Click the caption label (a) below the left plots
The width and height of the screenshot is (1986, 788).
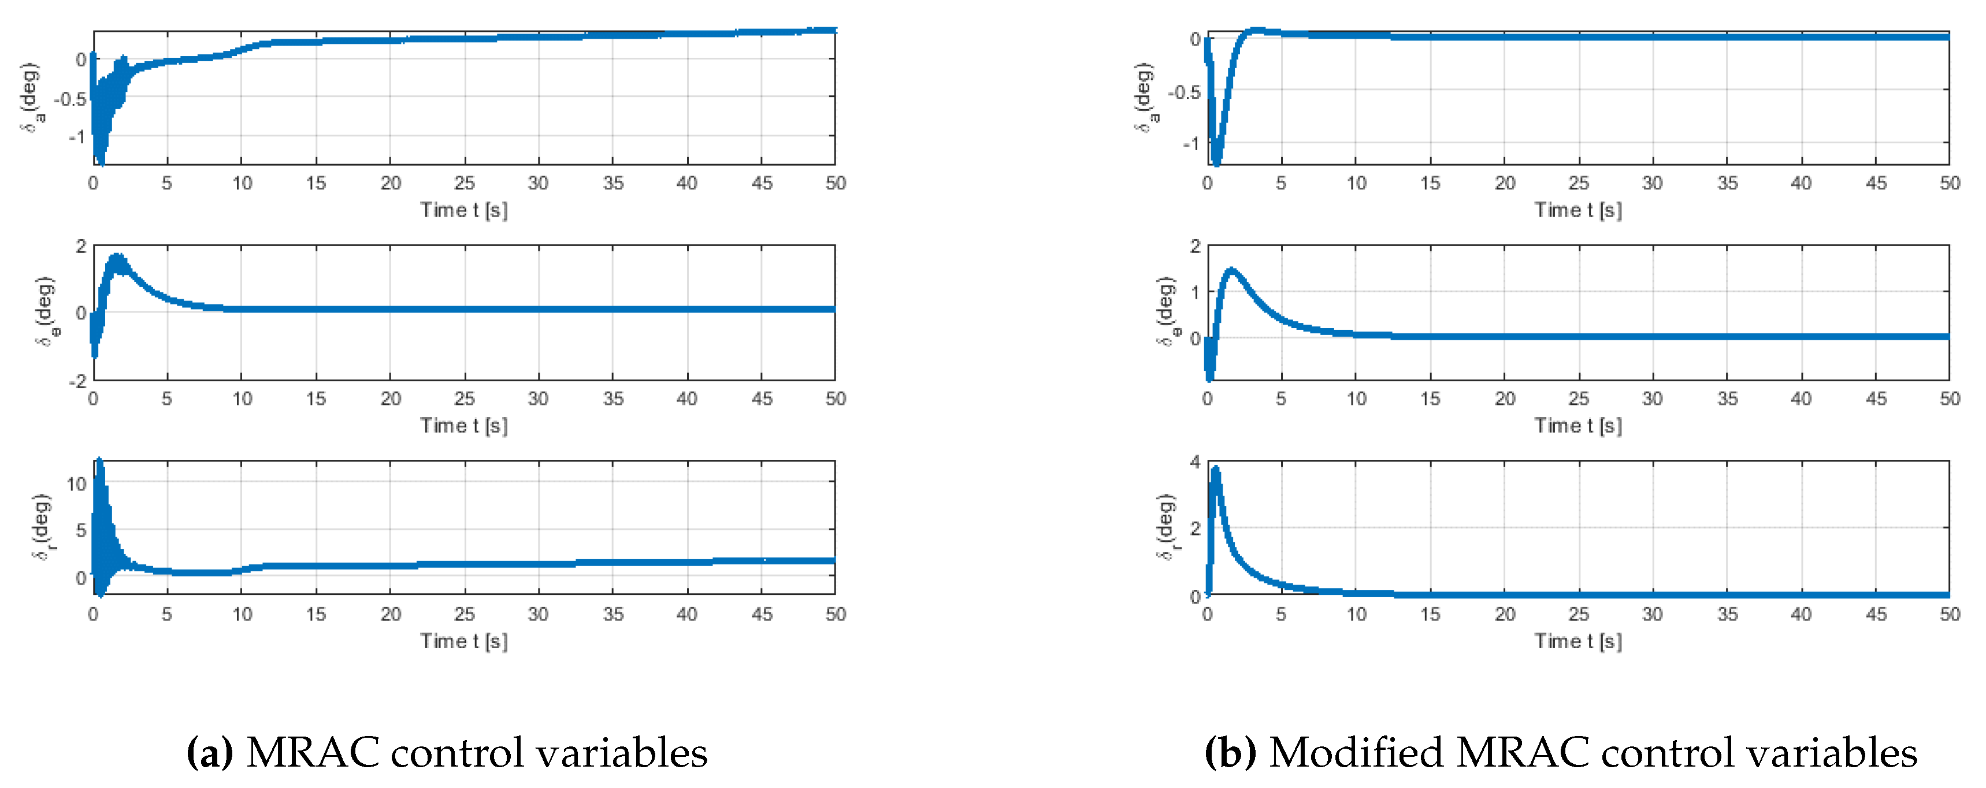[x=210, y=753]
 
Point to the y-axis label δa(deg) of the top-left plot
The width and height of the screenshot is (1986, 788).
[x=32, y=98]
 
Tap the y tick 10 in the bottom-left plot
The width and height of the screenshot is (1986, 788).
[x=76, y=484]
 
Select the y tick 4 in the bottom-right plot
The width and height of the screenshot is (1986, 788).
[x=1195, y=462]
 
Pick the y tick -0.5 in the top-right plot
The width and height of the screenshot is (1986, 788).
[x=1184, y=92]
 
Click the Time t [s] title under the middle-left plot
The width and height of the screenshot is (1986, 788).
[x=464, y=426]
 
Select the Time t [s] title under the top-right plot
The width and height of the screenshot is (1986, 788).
[x=1578, y=210]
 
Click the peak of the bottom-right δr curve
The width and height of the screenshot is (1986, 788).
[x=1216, y=469]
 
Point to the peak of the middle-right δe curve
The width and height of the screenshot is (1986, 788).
[x=1232, y=270]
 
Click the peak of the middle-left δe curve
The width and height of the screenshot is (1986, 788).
[x=117, y=257]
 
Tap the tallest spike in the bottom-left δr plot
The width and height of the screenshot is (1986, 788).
[x=99, y=462]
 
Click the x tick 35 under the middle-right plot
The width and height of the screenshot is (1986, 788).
[x=1727, y=399]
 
